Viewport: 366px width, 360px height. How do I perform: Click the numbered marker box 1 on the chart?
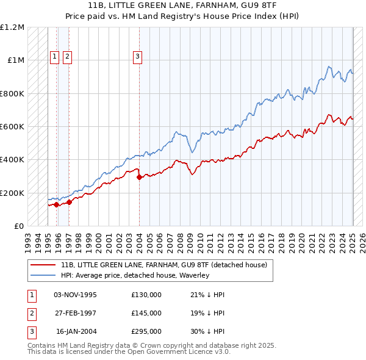[54, 57]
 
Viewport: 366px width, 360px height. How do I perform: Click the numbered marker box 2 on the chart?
[66, 57]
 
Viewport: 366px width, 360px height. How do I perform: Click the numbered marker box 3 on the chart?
[137, 57]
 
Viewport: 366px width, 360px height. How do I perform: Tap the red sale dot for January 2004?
[140, 178]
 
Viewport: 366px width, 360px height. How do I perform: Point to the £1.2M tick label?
[12, 27]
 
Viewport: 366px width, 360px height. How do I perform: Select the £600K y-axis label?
[12, 127]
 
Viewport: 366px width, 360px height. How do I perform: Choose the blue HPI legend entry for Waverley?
[135, 275]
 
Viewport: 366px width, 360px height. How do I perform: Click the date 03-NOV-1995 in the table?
[76, 295]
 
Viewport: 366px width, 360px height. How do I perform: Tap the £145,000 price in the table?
[146, 313]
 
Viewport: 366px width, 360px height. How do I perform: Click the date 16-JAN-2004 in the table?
[76, 331]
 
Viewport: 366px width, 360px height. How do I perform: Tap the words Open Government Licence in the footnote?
[175, 352]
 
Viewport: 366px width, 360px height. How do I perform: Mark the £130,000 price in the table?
[146, 295]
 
